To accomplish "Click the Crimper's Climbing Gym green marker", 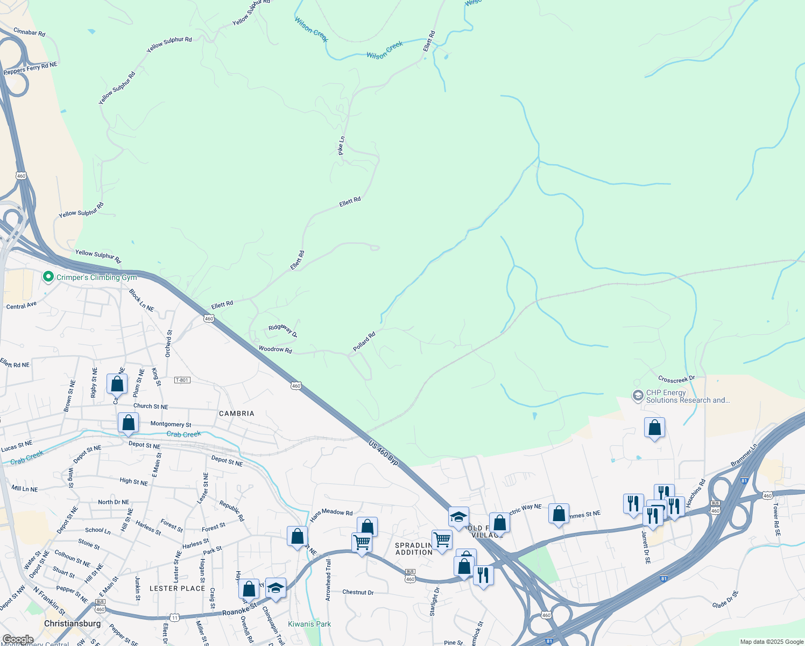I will pyautogui.click(x=48, y=277).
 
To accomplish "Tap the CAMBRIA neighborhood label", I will pyautogui.click(x=236, y=413).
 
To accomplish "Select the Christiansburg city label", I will pyautogui.click(x=72, y=623).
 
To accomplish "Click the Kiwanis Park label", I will pyautogui.click(x=309, y=624).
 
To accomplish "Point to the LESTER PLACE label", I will pyautogui.click(x=177, y=588).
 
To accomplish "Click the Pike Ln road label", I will pyautogui.click(x=341, y=146).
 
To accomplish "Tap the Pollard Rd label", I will pyautogui.click(x=364, y=342).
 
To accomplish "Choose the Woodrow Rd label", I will pyautogui.click(x=275, y=349).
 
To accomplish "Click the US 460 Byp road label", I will pyautogui.click(x=384, y=453).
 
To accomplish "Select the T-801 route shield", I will pyautogui.click(x=182, y=380).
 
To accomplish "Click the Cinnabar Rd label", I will pyautogui.click(x=29, y=32).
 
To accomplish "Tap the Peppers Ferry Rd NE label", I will pyautogui.click(x=30, y=68).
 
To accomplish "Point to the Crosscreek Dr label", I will pyautogui.click(x=676, y=379).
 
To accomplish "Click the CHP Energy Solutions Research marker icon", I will pyautogui.click(x=638, y=396).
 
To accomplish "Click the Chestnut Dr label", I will pyautogui.click(x=358, y=592).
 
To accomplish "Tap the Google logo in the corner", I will pyautogui.click(x=18, y=640).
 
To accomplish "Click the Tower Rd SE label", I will pyautogui.click(x=776, y=519).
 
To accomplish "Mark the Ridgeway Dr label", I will pyautogui.click(x=283, y=330).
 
